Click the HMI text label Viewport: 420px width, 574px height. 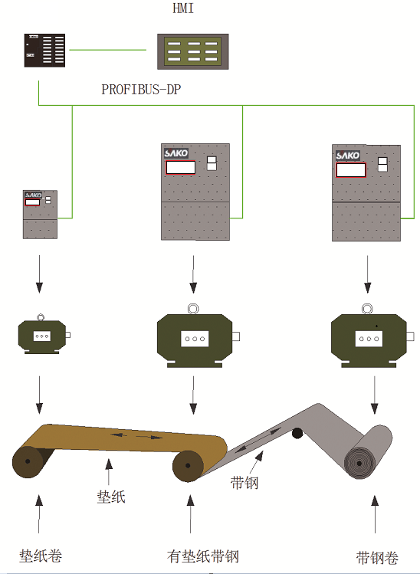point(183,8)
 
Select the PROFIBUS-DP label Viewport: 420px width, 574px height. point(141,90)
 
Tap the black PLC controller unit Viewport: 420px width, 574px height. point(44,51)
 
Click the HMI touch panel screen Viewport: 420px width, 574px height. point(193,51)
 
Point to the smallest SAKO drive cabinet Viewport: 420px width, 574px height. point(41,215)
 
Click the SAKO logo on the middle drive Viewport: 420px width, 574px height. point(176,153)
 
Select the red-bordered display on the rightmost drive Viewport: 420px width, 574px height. point(351,170)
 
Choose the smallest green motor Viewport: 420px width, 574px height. point(42,335)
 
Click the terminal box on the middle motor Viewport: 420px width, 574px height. point(195,339)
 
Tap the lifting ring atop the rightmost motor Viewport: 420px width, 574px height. point(367,309)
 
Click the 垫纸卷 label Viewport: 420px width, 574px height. point(41,556)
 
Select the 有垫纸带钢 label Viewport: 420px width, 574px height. point(203,556)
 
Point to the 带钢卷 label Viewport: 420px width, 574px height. point(377,558)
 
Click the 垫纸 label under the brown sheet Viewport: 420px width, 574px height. point(111,497)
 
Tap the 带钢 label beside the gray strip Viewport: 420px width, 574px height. point(244,483)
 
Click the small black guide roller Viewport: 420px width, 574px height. point(297,433)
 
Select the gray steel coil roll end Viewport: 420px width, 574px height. point(359,463)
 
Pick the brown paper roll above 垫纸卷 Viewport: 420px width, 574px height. point(28,461)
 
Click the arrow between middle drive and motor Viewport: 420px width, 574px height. point(193,274)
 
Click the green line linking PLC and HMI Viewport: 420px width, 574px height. point(107,50)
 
